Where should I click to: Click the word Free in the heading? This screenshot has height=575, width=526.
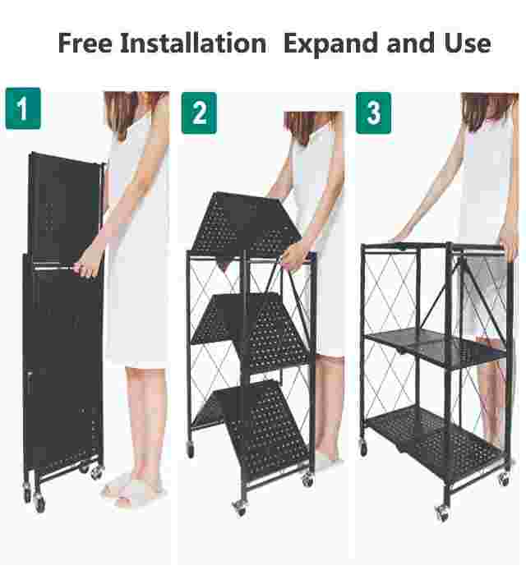[85, 44]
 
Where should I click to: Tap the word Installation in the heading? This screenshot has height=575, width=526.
[193, 44]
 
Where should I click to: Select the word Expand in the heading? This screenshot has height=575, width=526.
[331, 44]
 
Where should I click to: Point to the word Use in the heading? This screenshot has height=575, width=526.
[468, 44]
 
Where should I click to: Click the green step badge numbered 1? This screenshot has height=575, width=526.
[23, 108]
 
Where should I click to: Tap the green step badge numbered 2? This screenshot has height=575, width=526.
[199, 113]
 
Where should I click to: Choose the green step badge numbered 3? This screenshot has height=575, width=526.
[373, 113]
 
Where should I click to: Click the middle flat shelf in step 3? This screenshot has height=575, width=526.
[436, 347]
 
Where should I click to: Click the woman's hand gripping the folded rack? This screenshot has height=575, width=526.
[87, 264]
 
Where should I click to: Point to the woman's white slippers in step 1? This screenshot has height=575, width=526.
[132, 490]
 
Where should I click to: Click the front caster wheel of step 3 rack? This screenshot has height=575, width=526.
[442, 513]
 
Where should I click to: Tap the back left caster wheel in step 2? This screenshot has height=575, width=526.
[190, 448]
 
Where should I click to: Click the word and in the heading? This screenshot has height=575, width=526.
[411, 44]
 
